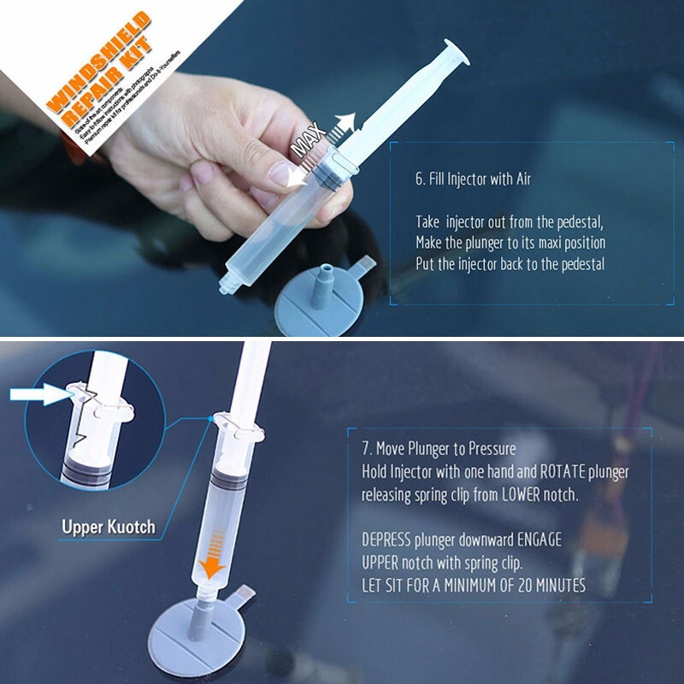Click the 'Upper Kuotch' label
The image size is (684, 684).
pos(109,526)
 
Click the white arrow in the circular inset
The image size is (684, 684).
pos(38,394)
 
